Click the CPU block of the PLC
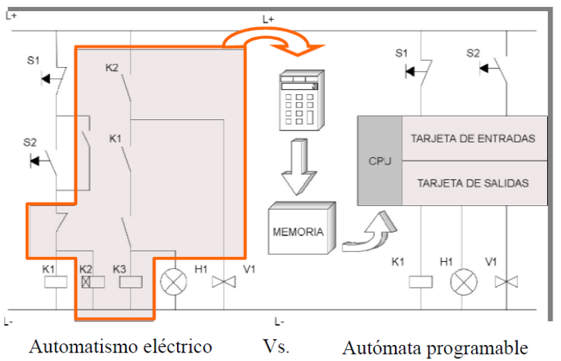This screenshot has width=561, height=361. (380, 161)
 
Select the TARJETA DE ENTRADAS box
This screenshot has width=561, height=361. (475, 138)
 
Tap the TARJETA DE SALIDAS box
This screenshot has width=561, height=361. (475, 183)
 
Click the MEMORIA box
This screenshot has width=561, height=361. (302, 229)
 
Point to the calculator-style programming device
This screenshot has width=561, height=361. (301, 100)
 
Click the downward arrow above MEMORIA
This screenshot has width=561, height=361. (299, 167)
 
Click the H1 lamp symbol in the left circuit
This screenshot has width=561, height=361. (174, 282)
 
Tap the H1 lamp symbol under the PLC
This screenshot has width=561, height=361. (463, 282)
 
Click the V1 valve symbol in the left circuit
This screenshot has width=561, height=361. (224, 282)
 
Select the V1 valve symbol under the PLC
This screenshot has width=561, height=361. (506, 282)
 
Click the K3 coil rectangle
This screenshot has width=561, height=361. (130, 282)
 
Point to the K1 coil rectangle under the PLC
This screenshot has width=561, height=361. (421, 282)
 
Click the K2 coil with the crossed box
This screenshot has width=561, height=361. (93, 282)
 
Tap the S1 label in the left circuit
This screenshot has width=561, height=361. (33, 60)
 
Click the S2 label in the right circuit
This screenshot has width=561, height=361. (473, 53)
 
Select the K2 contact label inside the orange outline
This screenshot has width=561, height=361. (112, 68)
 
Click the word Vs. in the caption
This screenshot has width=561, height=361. (276, 346)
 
